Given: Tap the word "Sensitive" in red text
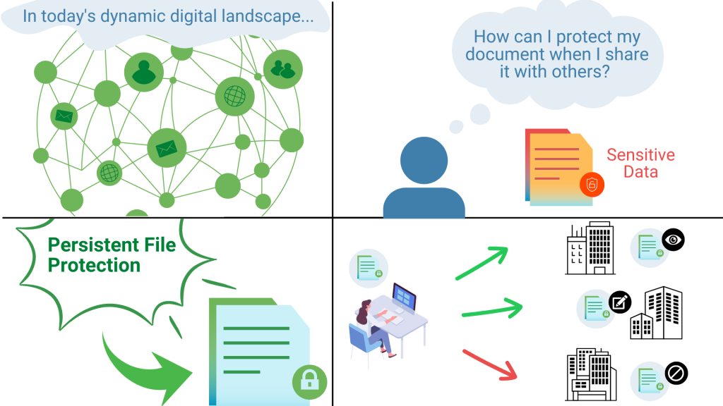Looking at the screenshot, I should [640, 155].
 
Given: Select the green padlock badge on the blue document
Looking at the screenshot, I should [309, 382].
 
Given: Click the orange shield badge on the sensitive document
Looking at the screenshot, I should [592, 185].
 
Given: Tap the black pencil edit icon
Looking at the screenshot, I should [620, 302].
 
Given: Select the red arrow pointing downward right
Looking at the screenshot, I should [491, 364].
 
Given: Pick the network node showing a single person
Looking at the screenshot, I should [144, 71].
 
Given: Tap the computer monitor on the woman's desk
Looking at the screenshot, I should [405, 295].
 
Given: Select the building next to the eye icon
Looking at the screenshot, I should [590, 247].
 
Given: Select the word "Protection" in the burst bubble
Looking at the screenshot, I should [94, 265].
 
